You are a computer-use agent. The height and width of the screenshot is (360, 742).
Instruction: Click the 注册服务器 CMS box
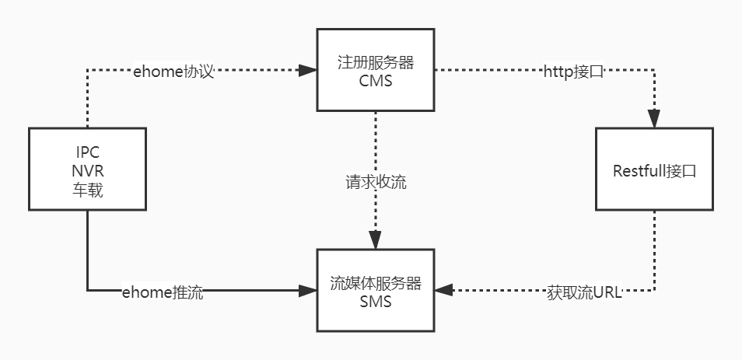(x=375, y=70)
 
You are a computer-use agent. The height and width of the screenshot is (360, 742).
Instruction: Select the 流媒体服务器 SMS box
(x=375, y=290)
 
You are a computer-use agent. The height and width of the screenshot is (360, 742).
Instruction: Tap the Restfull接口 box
(x=653, y=170)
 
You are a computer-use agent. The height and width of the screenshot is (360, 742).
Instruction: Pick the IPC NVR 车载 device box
(x=86, y=170)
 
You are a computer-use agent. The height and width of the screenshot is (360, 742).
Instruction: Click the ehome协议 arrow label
(x=173, y=72)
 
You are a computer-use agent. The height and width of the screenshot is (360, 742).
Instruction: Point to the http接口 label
(x=573, y=72)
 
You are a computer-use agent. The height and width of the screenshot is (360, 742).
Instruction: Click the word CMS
(x=376, y=81)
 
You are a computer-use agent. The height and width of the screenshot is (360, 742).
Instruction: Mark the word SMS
(x=376, y=302)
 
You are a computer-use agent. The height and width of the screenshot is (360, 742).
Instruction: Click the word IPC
(x=86, y=152)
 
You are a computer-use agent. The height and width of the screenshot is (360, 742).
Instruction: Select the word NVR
(x=86, y=170)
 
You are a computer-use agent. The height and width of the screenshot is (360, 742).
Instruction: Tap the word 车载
(x=86, y=189)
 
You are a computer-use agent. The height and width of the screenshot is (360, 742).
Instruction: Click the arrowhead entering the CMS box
(x=309, y=71)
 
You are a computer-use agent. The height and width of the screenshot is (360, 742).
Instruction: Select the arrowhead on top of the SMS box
(x=376, y=241)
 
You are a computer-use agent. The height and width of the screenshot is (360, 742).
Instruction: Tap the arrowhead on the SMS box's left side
(x=309, y=291)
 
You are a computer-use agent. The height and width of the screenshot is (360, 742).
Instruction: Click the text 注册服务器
(x=376, y=62)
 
